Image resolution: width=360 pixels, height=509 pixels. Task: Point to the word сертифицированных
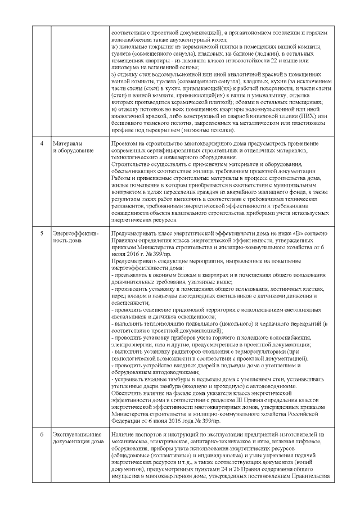point(166,150)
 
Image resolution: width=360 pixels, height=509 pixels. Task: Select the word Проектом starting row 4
point(124,143)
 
